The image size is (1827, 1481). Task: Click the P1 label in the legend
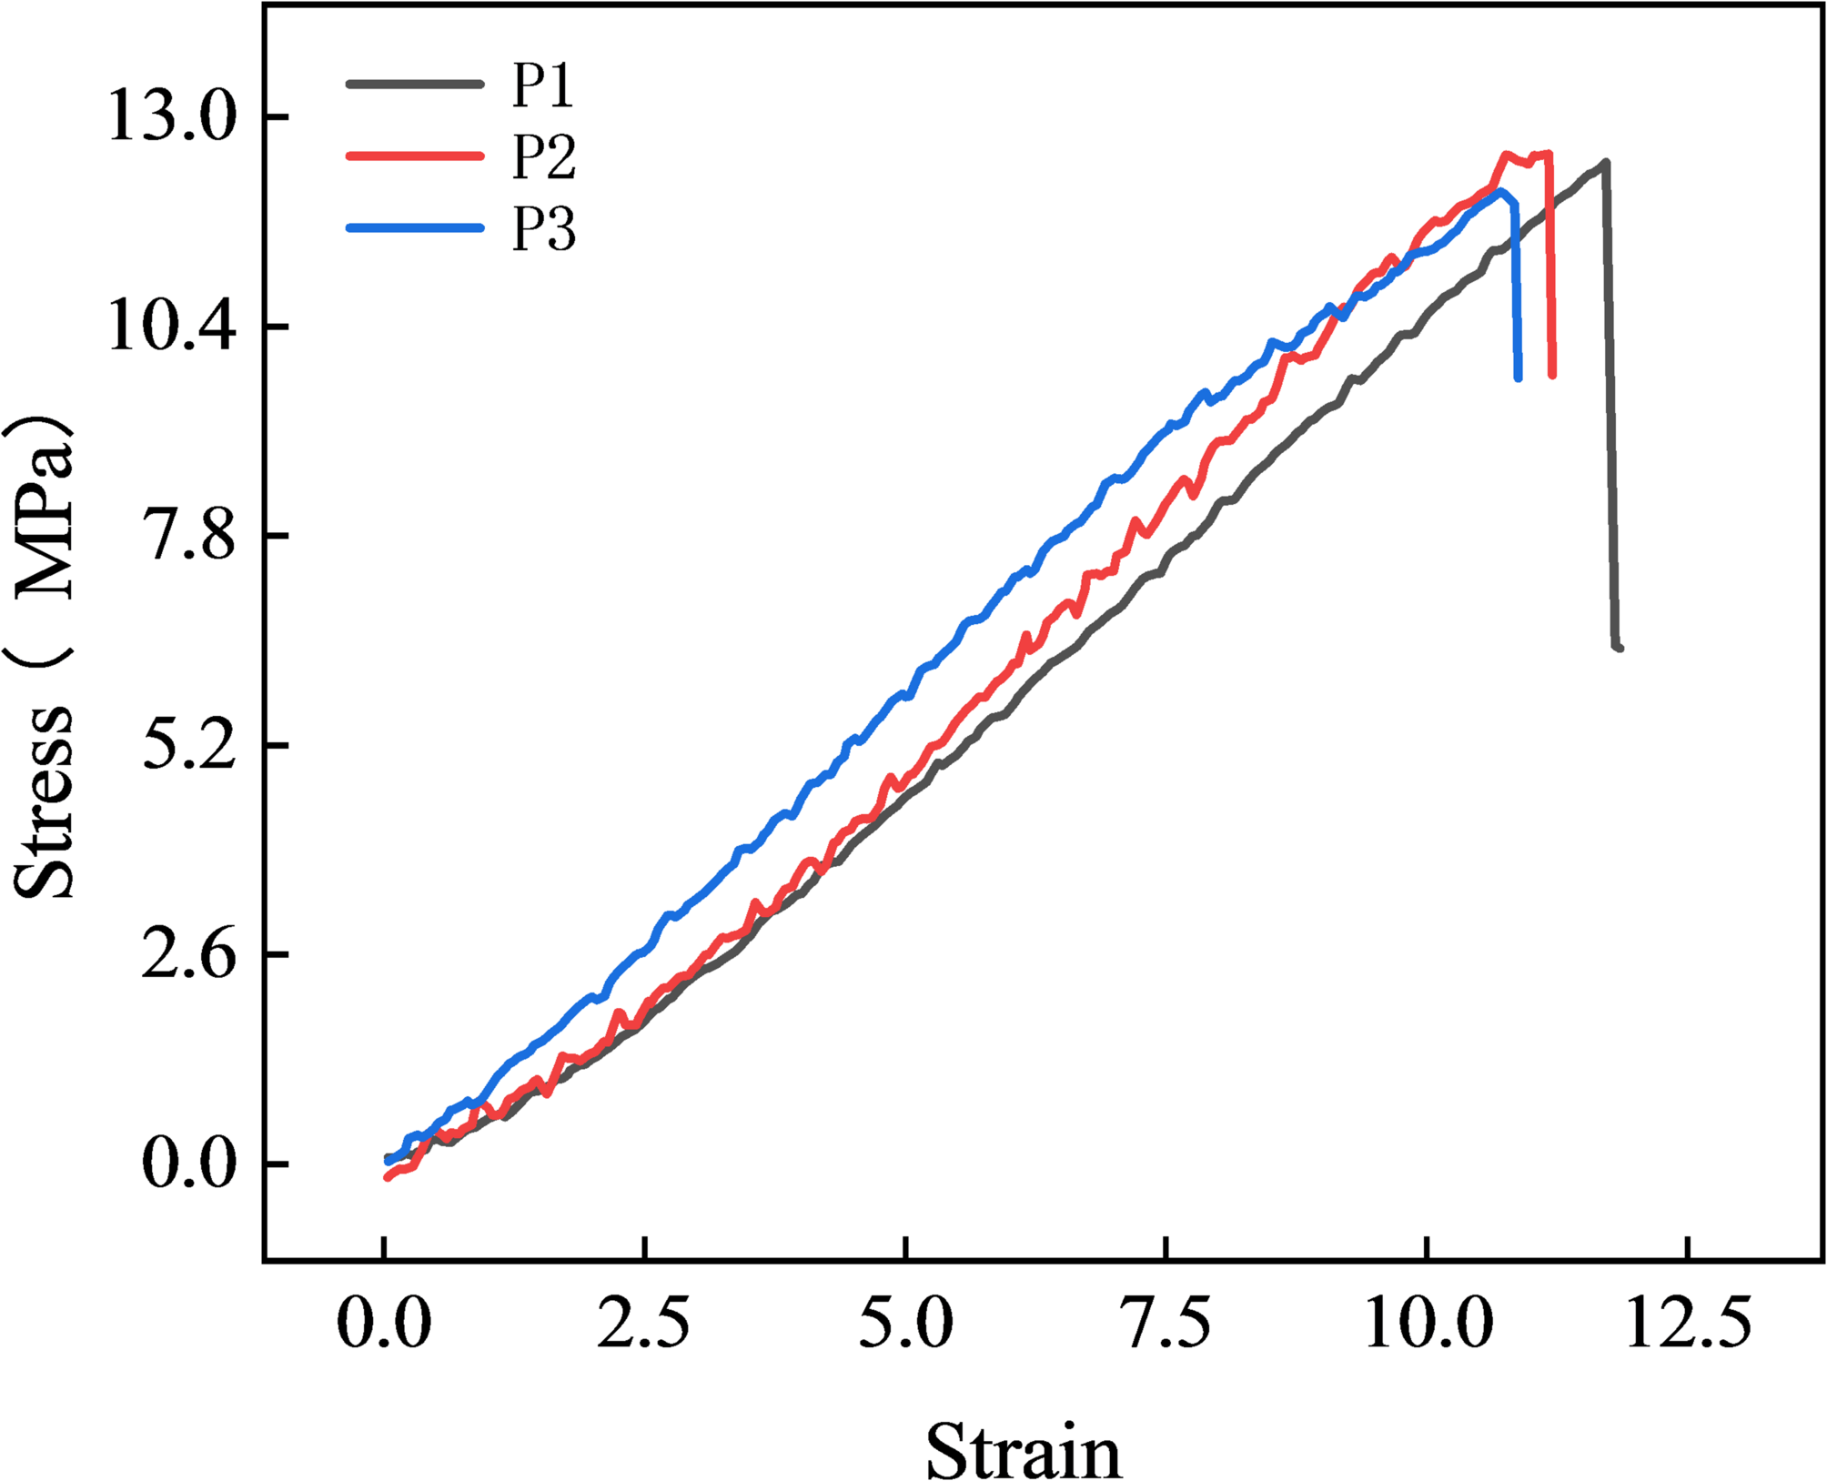click(542, 86)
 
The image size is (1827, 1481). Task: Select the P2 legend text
click(543, 156)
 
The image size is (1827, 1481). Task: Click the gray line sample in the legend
click(415, 85)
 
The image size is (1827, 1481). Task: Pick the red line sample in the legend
click(415, 156)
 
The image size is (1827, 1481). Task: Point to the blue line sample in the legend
click(415, 227)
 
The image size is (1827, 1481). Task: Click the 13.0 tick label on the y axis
click(172, 117)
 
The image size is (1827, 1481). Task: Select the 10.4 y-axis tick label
click(172, 327)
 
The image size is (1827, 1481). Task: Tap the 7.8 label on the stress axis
click(190, 536)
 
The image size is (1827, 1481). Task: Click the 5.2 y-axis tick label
click(190, 745)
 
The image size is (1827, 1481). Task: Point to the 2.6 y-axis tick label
click(190, 954)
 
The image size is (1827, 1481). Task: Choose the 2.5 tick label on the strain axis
click(643, 1324)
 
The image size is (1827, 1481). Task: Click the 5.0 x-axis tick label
click(905, 1324)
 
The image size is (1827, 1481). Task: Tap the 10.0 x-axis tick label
click(1428, 1324)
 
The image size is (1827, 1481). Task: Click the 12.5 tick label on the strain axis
click(1689, 1324)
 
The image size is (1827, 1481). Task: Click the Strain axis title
click(1024, 1452)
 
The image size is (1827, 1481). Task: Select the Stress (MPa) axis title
click(44, 655)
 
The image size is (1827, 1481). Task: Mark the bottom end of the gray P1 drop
click(1620, 648)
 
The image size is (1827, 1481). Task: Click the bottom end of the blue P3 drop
click(1518, 378)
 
